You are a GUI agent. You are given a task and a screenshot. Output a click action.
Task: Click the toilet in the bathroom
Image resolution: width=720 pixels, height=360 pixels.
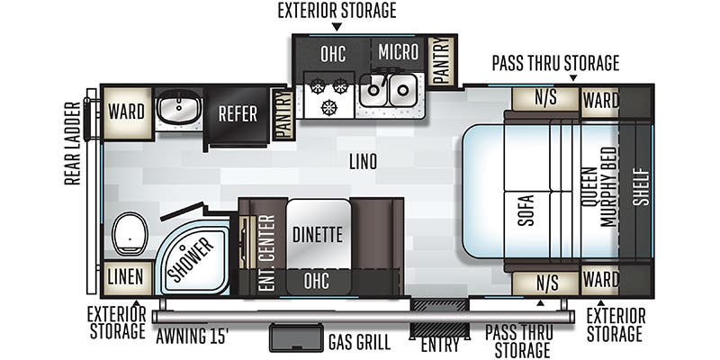[x=130, y=234]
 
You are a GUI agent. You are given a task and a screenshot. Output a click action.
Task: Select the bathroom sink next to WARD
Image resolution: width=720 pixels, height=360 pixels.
[x=178, y=107]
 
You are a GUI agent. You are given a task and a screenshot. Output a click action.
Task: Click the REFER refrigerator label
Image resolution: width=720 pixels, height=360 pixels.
[x=238, y=114]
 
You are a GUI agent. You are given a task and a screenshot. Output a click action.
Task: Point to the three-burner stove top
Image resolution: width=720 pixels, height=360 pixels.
[x=328, y=95]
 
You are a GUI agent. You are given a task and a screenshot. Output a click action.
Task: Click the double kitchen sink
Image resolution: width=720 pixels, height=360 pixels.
[x=389, y=89]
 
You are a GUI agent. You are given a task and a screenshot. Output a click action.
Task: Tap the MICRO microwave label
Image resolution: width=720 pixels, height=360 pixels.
[x=399, y=52]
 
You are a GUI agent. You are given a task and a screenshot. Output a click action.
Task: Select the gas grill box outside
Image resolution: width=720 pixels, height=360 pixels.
[x=296, y=338]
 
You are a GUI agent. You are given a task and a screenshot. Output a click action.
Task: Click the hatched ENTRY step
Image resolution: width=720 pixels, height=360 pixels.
[x=439, y=318]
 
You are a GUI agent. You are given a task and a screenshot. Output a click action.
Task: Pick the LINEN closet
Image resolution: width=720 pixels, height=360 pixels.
[x=126, y=278]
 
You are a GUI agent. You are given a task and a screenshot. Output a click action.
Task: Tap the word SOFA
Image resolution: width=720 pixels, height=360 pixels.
[x=526, y=211]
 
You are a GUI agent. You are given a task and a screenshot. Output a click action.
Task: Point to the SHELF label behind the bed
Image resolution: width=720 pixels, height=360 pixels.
[x=643, y=187]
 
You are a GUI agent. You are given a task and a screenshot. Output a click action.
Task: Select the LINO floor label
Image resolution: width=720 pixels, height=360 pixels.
[x=363, y=162]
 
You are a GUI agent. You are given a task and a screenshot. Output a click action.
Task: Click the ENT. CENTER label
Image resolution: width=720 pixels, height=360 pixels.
[x=266, y=253]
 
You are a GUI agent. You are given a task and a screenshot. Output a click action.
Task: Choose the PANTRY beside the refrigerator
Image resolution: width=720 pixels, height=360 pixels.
[x=283, y=114]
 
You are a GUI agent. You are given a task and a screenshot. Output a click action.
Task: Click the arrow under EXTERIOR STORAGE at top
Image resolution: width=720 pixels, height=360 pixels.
[x=337, y=27]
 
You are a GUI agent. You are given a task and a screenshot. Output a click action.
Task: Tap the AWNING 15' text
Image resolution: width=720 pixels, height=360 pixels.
[x=193, y=337]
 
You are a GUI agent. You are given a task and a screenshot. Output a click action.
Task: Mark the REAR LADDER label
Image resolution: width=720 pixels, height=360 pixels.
[x=73, y=143]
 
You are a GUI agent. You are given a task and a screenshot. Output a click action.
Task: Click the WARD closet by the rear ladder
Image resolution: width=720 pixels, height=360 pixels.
[x=127, y=112]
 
